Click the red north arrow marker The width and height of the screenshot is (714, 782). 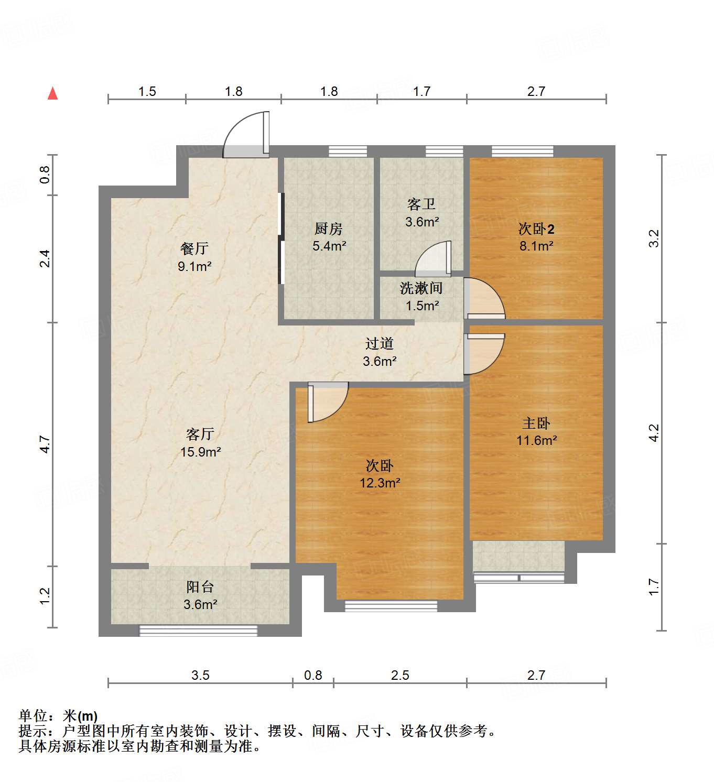click(52, 94)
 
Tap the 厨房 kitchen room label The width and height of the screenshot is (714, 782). click(329, 229)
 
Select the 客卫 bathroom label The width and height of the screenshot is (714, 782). click(421, 204)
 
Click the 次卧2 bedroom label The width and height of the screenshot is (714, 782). click(536, 229)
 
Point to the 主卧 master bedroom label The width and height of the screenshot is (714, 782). click(536, 422)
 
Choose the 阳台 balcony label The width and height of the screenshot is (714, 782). click(200, 587)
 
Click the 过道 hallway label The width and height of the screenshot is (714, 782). click(379, 343)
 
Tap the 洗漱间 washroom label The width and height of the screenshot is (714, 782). click(421, 288)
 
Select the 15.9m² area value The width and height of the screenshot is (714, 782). click(200, 452)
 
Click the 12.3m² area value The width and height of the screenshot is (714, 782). click(380, 483)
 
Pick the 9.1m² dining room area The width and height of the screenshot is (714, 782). click(194, 266)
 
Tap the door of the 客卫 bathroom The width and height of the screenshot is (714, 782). click(434, 259)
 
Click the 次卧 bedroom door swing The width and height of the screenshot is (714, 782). click(327, 401)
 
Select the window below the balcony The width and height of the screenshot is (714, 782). click(198, 631)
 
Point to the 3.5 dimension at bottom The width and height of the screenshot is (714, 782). click(200, 675)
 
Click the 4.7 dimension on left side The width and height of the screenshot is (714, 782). click(45, 444)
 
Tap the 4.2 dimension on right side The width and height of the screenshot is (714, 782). click(654, 433)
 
